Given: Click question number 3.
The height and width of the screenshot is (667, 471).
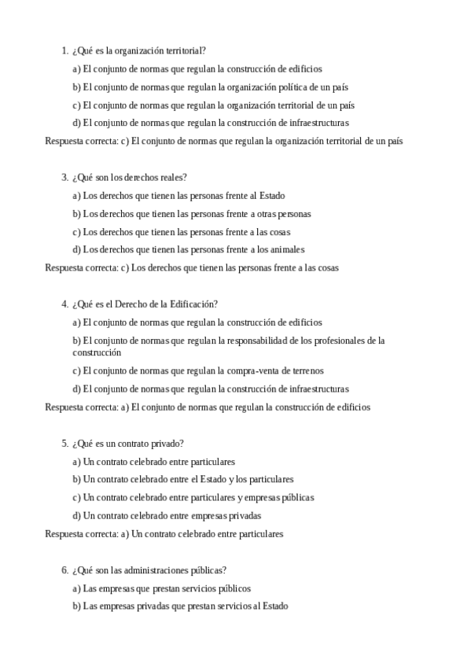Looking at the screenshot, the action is click(64, 178).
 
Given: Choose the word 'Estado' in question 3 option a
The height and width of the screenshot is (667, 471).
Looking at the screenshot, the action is click(271, 196).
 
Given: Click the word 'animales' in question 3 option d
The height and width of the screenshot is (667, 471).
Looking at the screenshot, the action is click(287, 250).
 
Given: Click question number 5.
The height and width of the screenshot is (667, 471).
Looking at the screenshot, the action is click(64, 444).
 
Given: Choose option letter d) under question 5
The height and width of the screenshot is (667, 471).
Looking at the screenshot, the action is click(77, 516).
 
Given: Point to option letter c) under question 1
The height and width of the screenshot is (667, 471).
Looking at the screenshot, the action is click(76, 105).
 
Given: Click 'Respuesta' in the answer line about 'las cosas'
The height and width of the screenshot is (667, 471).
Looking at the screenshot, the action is click(64, 268).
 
